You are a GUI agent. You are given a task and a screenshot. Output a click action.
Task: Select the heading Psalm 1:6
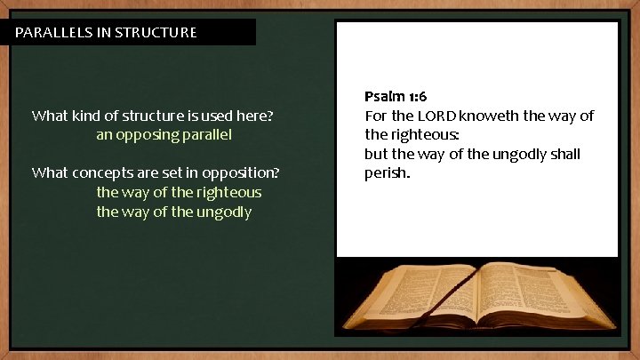[x=396, y=96]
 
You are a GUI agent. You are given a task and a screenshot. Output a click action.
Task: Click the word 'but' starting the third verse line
[x=376, y=154]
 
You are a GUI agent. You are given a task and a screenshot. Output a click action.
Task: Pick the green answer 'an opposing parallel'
[x=164, y=135]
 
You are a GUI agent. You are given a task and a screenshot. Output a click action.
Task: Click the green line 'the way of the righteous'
[x=179, y=192]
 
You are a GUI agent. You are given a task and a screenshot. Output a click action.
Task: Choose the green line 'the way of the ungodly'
[x=173, y=212]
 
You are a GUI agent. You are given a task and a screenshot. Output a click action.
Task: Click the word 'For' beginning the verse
[x=376, y=116]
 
